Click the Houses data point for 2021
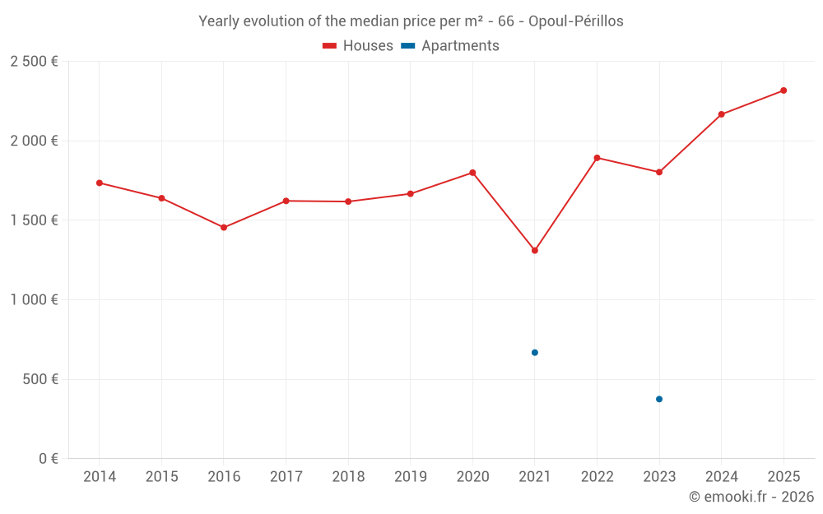(x=535, y=250)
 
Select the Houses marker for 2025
(x=783, y=90)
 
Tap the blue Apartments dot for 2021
(x=535, y=353)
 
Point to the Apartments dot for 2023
(x=659, y=399)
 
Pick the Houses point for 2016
(x=224, y=227)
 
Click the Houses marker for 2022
(x=597, y=158)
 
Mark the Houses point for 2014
(x=100, y=183)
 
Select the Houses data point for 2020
(x=472, y=173)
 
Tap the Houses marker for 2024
(x=722, y=114)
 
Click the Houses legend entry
(x=358, y=46)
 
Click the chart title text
(x=411, y=21)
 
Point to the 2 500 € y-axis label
(x=34, y=62)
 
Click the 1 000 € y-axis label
(x=34, y=300)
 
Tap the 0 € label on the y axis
(x=48, y=459)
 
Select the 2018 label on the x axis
(x=348, y=477)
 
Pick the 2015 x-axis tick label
(x=161, y=477)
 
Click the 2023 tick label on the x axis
(x=659, y=477)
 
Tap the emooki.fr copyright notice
(x=751, y=497)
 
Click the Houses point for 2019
(x=411, y=194)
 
